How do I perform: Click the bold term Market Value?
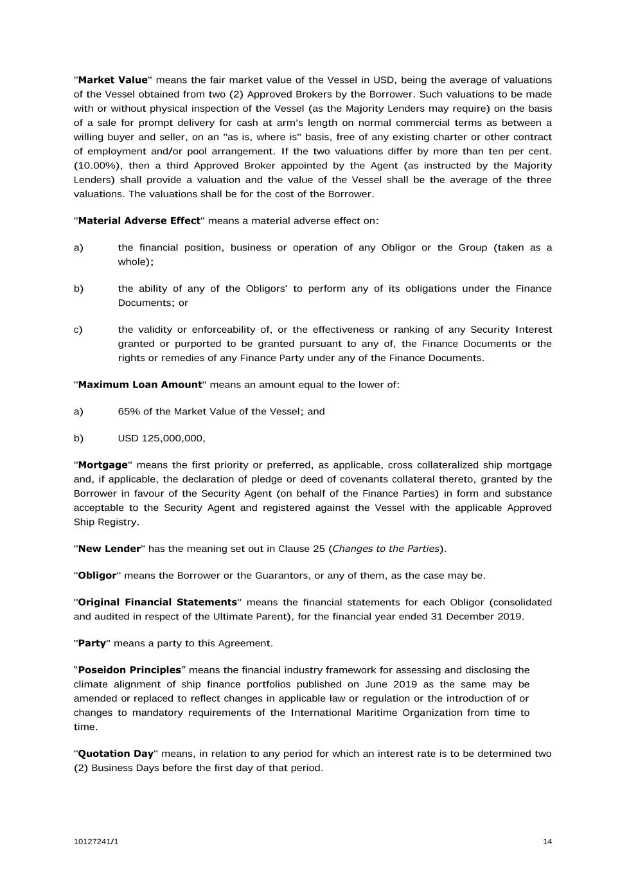112,80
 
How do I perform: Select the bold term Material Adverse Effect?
139,221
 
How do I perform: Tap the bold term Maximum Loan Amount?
139,385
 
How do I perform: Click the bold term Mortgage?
103,465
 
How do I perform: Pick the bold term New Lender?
109,549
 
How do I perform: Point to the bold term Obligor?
97,576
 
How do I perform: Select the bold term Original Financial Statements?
157,603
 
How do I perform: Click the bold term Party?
91,643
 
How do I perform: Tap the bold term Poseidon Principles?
129,670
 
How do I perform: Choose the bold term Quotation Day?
116,754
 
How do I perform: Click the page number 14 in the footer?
547,842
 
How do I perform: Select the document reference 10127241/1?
96,842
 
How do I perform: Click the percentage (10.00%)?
96,166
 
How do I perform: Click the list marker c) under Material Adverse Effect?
78,330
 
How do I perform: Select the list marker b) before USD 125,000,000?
78,438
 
